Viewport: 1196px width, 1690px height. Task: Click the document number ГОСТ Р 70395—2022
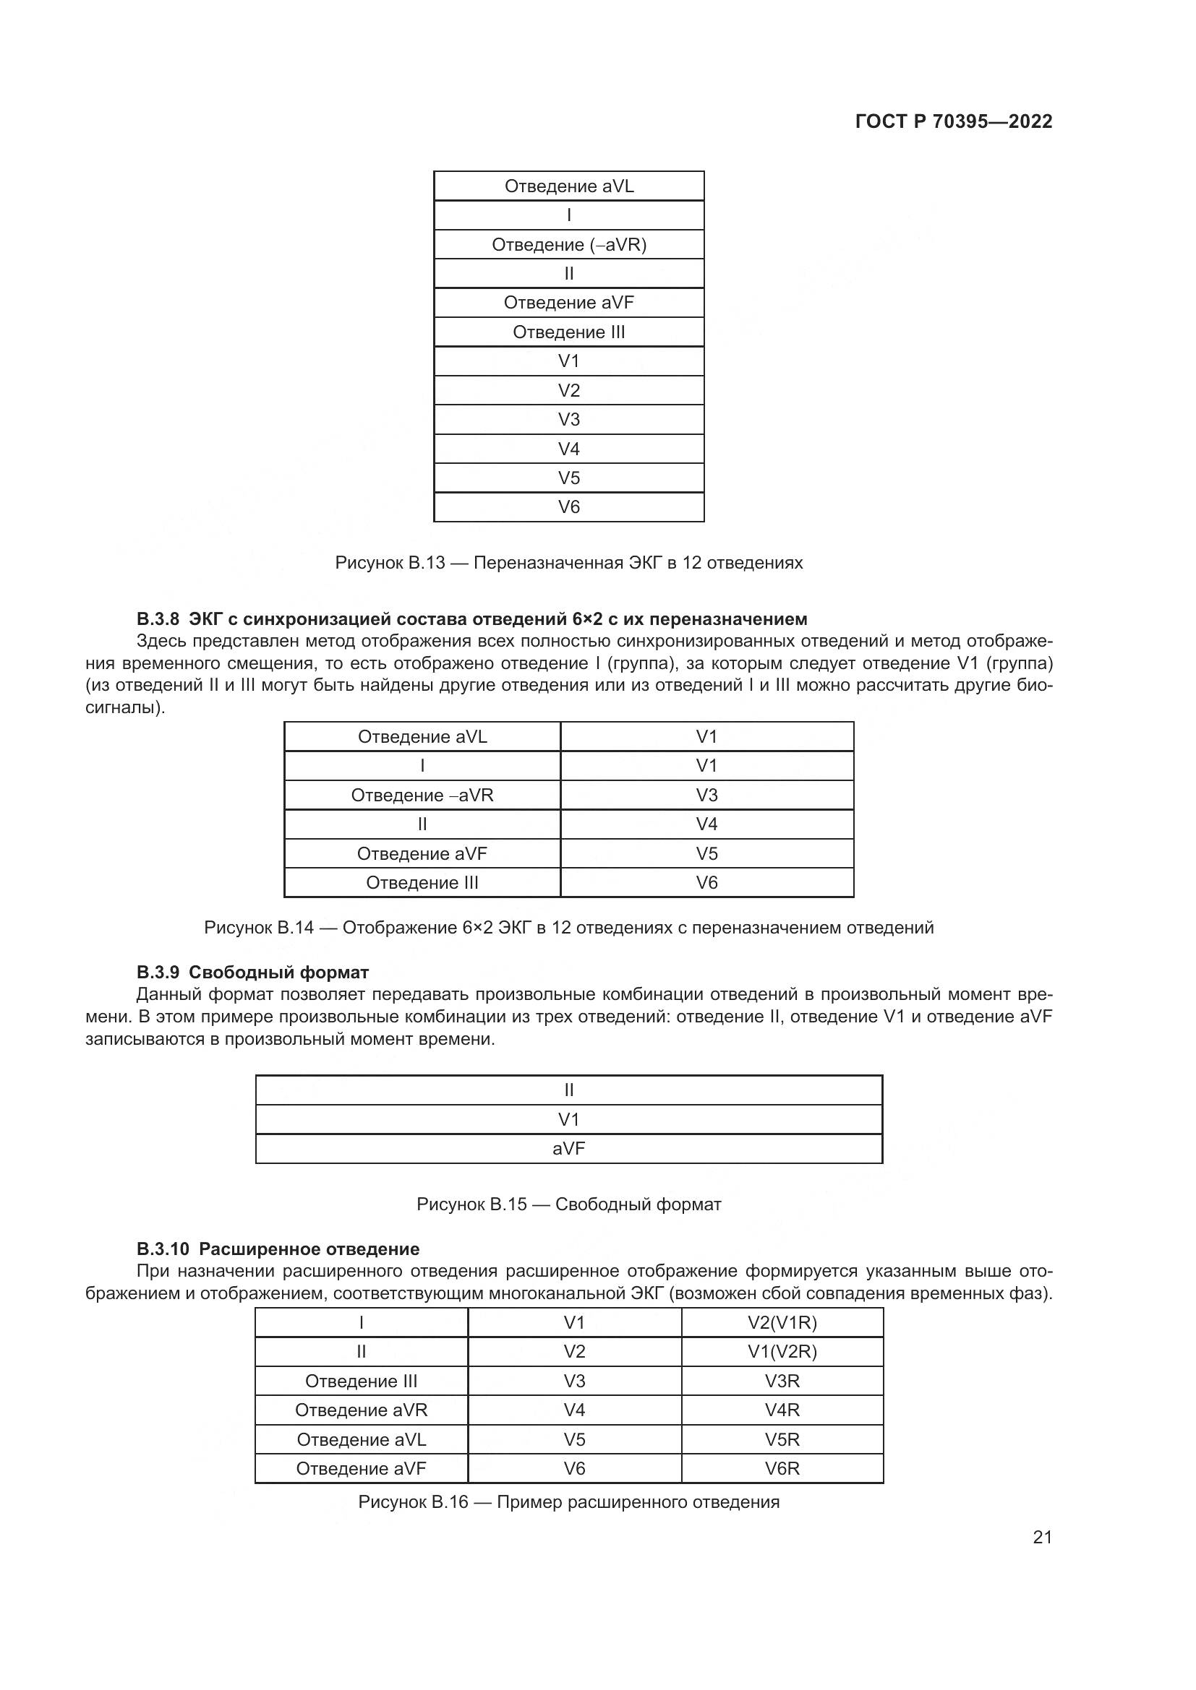coord(953,121)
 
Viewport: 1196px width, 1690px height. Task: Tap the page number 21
coord(1042,1537)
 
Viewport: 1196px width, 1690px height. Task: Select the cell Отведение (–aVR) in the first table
coord(568,244)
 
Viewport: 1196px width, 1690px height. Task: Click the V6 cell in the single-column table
coord(568,507)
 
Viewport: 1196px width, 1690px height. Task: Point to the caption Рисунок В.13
coord(568,563)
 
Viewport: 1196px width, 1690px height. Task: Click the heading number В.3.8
coord(158,618)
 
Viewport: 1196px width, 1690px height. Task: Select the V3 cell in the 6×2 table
coord(706,795)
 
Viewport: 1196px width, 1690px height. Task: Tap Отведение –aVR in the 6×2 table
coord(422,795)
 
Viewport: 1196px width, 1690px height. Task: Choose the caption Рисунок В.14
coord(568,928)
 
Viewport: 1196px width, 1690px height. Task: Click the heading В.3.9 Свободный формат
coord(252,973)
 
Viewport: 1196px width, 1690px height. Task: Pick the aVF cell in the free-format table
coord(568,1148)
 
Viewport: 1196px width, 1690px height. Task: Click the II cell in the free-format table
coord(568,1090)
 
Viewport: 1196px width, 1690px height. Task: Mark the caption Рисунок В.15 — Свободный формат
coord(568,1204)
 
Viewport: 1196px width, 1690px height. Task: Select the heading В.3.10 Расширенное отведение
coord(278,1249)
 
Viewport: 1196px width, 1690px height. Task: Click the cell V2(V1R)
coord(782,1323)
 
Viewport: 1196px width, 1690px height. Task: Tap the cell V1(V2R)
coord(782,1351)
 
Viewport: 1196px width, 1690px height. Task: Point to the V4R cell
coord(782,1410)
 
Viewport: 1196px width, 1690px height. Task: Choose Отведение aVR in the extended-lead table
coord(361,1410)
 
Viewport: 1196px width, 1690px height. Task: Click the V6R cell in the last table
coord(782,1468)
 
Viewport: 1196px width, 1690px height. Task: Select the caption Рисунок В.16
coord(568,1502)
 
